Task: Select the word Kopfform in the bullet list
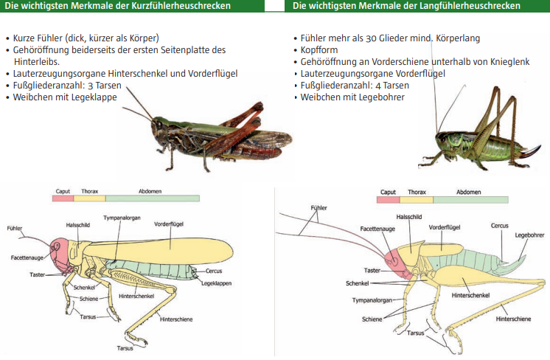coord(319,50)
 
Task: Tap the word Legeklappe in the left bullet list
coord(94,97)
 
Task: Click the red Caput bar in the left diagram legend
coord(63,198)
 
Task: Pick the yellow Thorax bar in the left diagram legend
coord(90,198)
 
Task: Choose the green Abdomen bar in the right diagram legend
coord(470,200)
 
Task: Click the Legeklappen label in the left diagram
coord(217,283)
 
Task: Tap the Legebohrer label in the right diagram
coord(529,235)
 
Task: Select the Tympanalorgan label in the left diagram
coord(122,218)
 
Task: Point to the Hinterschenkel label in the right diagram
coord(470,295)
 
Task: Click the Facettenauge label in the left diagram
coord(27,257)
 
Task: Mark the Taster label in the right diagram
coord(372,271)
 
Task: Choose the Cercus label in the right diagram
coord(499,226)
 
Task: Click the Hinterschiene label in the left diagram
coord(176,319)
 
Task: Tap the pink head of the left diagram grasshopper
coord(61,255)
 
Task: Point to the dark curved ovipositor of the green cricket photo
coord(529,152)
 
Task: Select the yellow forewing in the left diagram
coord(158,249)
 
